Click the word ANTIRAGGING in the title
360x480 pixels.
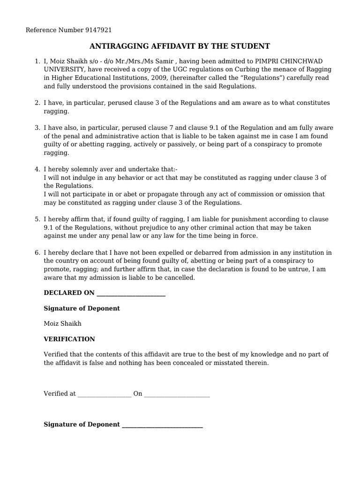pyautogui.click(x=118, y=46)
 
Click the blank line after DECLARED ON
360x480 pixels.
pyautogui.click(x=130, y=293)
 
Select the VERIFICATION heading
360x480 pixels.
pyautogui.click(x=69, y=339)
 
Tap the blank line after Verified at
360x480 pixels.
pyautogui.click(x=104, y=394)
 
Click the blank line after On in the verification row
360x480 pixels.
pyautogui.click(x=177, y=394)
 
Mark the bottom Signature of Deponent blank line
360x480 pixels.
pyautogui.click(x=162, y=425)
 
